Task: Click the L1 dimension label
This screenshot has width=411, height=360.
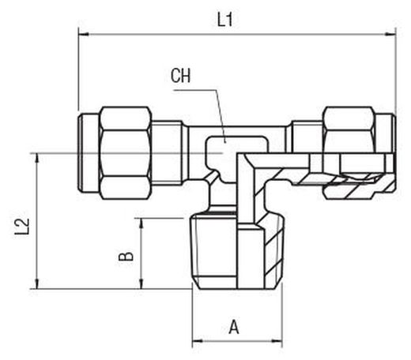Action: [224, 20]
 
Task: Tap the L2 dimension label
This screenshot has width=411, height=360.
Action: [22, 227]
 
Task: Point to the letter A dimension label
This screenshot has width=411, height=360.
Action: [234, 327]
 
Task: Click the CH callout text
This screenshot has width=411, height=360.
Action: [180, 76]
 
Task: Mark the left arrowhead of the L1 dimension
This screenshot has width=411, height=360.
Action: [84, 34]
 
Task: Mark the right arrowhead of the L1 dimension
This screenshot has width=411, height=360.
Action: [390, 34]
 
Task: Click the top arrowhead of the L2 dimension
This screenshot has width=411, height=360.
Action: [37, 159]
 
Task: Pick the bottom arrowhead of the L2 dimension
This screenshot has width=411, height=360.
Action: [37, 283]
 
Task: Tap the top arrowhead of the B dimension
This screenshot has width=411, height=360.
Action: [141, 223]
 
